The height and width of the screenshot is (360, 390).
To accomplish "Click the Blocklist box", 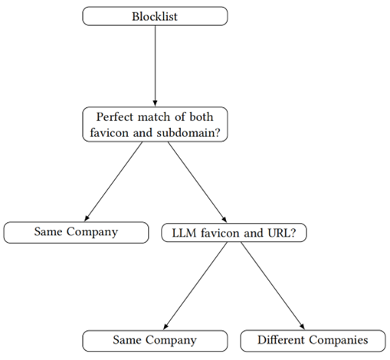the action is click(x=155, y=16).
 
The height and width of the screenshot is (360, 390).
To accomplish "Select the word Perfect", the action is click(x=116, y=117).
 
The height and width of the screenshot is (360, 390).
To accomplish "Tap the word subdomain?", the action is click(x=188, y=133).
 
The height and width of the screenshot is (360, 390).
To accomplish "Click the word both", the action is click(x=202, y=117).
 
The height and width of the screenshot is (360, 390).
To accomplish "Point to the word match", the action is click(x=154, y=117).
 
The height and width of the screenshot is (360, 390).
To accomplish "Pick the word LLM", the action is click(x=185, y=233).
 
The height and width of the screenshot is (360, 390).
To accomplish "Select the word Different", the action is click(x=281, y=340).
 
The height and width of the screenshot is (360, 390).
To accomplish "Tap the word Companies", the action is click(x=339, y=340).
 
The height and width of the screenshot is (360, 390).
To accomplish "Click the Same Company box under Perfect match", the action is click(x=76, y=232).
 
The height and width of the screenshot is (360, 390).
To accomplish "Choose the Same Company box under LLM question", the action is click(x=155, y=341).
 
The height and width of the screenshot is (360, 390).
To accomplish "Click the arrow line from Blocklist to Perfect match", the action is click(x=155, y=66).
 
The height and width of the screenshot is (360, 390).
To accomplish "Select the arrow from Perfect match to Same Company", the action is click(x=113, y=182).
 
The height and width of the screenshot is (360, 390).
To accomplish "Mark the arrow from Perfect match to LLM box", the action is click(x=197, y=182).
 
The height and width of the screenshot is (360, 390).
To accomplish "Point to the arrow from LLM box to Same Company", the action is click(x=195, y=286).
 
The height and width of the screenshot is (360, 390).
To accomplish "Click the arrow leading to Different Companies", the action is click(x=273, y=286).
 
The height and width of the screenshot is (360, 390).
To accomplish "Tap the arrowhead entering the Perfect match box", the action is click(x=155, y=103).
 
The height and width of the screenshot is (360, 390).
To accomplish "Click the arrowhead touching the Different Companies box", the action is click(x=303, y=326).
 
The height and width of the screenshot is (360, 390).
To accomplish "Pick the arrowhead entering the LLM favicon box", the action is click(x=224, y=220).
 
